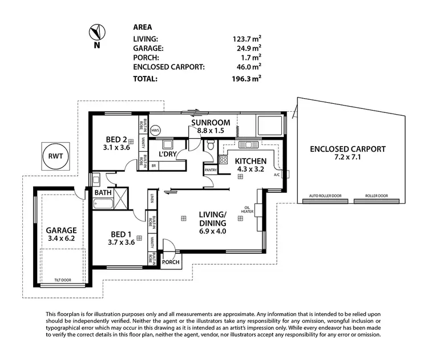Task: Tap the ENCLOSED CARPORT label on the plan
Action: pos(348,149)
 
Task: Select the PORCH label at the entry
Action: pos(171,262)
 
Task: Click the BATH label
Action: pos(103,193)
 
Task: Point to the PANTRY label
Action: pos(210,169)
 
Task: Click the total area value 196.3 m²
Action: pos(246,79)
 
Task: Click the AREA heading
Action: pos(142,26)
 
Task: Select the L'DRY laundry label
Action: pos(168,155)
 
